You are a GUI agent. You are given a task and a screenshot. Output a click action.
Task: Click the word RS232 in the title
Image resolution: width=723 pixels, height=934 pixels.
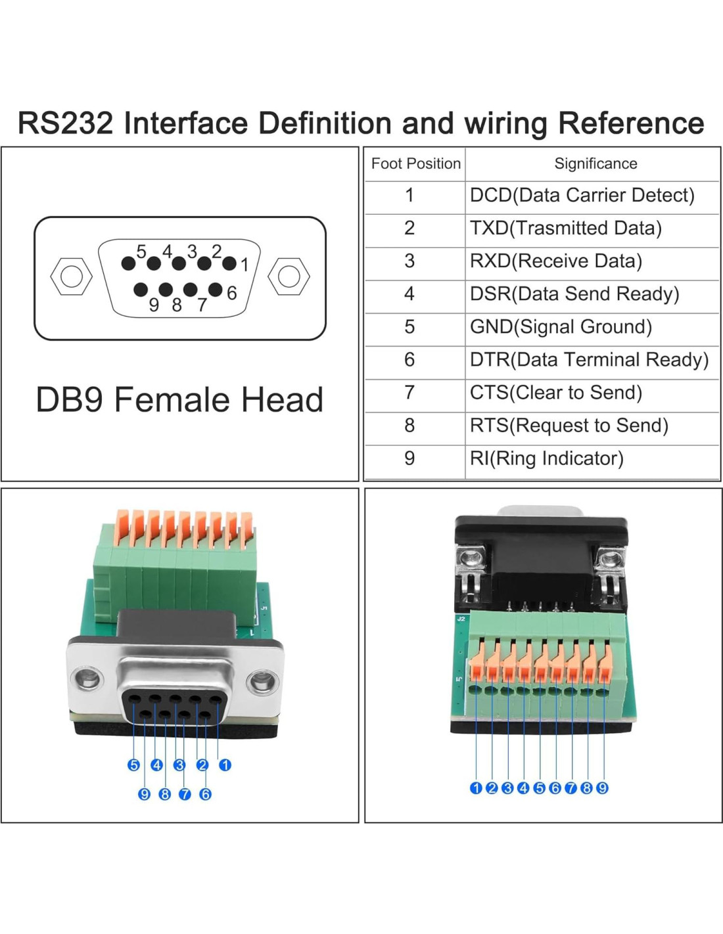tap(66, 123)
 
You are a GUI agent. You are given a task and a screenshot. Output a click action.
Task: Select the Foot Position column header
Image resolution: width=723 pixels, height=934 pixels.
tap(415, 164)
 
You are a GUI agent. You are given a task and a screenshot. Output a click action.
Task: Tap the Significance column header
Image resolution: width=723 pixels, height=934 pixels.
tap(595, 164)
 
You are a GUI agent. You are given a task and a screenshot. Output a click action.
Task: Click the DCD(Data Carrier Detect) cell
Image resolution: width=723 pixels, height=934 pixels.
tap(582, 195)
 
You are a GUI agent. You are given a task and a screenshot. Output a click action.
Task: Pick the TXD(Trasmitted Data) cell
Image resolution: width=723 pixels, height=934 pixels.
tap(565, 228)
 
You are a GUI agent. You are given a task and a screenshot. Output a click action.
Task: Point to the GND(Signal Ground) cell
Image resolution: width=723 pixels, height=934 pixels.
tap(561, 326)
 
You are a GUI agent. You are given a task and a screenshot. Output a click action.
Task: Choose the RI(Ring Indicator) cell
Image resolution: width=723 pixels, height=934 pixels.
tap(546, 458)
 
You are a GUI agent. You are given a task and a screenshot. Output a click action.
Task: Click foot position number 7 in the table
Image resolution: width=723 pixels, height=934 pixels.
tap(409, 392)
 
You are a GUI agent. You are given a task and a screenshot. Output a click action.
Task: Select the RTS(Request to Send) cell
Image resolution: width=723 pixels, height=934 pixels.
tap(569, 425)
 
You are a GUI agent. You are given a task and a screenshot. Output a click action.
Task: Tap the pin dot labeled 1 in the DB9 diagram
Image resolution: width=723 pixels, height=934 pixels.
tap(229, 263)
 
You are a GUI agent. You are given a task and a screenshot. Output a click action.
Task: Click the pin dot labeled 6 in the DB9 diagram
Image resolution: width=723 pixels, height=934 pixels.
tap(215, 289)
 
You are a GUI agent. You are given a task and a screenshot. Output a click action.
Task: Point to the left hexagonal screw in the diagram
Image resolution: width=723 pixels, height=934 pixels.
tap(71, 277)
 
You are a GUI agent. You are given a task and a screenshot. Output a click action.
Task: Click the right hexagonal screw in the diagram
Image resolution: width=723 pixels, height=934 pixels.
tap(289, 277)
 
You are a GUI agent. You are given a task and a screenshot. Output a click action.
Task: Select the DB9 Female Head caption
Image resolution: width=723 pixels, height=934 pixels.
tap(179, 399)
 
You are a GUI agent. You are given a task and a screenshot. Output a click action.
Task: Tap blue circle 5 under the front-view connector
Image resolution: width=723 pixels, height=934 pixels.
tap(134, 765)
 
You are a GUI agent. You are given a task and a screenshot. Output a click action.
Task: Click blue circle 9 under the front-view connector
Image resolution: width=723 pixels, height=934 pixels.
tap(145, 794)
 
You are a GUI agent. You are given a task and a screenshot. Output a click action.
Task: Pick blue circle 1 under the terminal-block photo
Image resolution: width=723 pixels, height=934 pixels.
tap(476, 788)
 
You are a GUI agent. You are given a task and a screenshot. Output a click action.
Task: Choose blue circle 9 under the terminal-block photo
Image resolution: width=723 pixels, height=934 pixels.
tap(602, 788)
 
